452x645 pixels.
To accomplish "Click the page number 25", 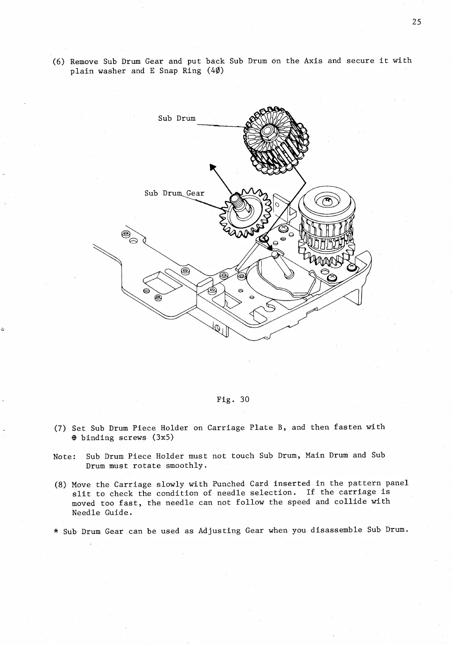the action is (416, 22).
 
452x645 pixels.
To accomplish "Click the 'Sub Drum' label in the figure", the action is (177, 118).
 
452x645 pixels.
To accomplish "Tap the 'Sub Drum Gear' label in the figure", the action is (174, 193).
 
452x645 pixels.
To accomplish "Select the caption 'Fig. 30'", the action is (233, 399).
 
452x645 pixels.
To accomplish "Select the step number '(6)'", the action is (59, 61).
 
